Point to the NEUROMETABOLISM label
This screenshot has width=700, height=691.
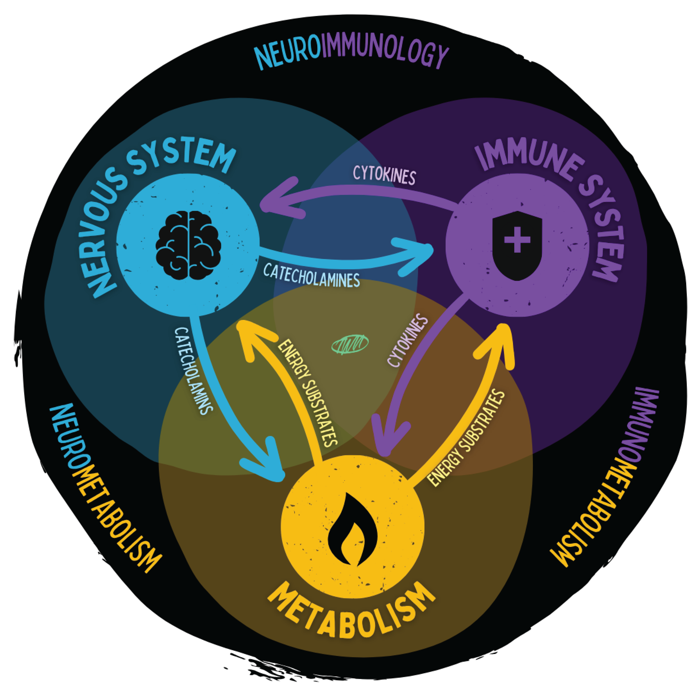103,489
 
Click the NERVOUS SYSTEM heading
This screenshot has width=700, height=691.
152,203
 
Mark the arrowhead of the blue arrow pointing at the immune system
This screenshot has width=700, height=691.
424,254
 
